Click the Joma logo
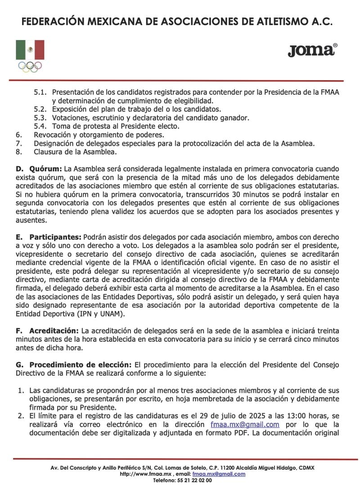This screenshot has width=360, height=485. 312,50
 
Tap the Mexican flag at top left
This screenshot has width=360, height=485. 30,50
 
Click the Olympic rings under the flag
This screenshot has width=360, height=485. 30,66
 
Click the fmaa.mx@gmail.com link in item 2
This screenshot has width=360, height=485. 245,425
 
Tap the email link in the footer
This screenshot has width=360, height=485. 219,474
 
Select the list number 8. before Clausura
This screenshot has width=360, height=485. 18,152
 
